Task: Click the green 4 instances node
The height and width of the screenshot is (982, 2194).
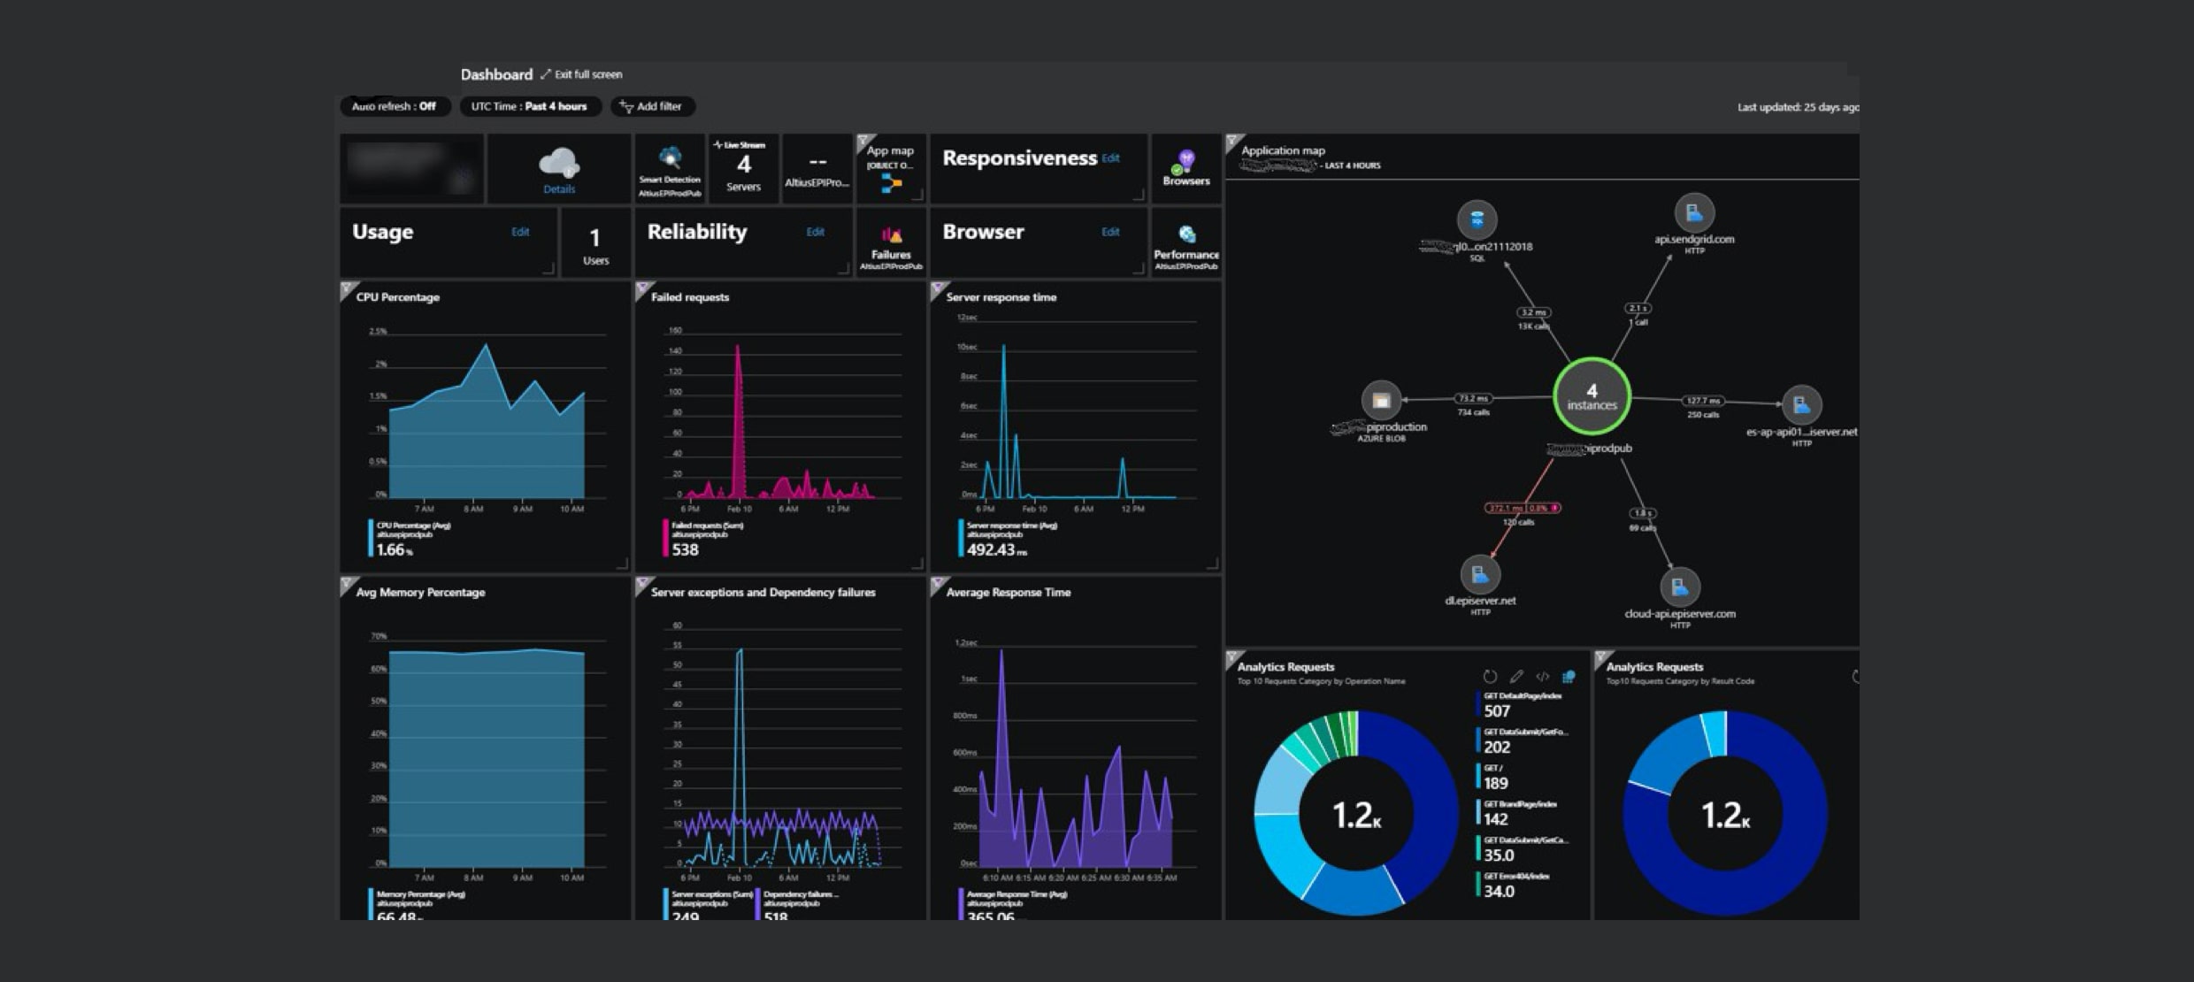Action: tap(1592, 396)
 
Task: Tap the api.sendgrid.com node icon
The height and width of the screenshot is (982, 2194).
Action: tap(1694, 213)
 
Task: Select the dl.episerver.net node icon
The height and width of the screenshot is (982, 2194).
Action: tap(1479, 575)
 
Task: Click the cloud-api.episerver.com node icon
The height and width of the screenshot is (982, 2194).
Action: tap(1679, 587)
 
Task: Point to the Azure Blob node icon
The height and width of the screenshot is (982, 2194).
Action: tap(1381, 401)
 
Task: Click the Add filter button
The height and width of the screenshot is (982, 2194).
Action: tap(652, 106)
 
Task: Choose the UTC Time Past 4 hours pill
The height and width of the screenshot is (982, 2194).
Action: tap(529, 106)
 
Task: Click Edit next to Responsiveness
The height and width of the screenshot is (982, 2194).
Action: tap(1110, 158)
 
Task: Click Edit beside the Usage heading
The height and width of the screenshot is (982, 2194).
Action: tap(520, 232)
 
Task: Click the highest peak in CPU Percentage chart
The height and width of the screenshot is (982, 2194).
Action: tap(485, 346)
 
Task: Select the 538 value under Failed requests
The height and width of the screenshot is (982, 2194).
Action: tap(685, 550)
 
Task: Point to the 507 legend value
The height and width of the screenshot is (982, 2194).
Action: tap(1497, 711)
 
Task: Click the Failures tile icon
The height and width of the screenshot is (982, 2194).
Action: tap(891, 236)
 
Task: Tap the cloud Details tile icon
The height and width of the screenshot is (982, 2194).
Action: tap(559, 165)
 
